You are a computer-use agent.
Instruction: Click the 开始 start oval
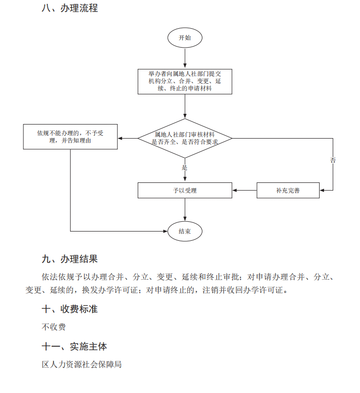click(185, 38)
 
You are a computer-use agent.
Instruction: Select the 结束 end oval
click(185, 232)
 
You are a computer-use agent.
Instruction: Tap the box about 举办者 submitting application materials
click(185, 81)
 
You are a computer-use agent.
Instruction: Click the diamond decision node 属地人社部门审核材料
click(185, 139)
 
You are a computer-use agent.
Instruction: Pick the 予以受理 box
click(185, 190)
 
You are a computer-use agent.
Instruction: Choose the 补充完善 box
click(288, 190)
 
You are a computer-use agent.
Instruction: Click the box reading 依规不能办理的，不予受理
click(71, 137)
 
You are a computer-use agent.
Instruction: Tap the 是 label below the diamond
click(184, 167)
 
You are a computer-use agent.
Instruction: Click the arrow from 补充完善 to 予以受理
click(244, 190)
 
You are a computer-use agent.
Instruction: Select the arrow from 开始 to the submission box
click(185, 58)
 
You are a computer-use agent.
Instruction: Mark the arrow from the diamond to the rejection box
click(127, 139)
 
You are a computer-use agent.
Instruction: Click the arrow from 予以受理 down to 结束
click(185, 209)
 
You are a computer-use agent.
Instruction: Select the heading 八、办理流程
click(70, 8)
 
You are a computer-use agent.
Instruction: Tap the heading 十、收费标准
click(70, 309)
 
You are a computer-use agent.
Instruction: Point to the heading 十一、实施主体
click(74, 347)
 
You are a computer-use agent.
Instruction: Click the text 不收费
click(54, 327)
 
